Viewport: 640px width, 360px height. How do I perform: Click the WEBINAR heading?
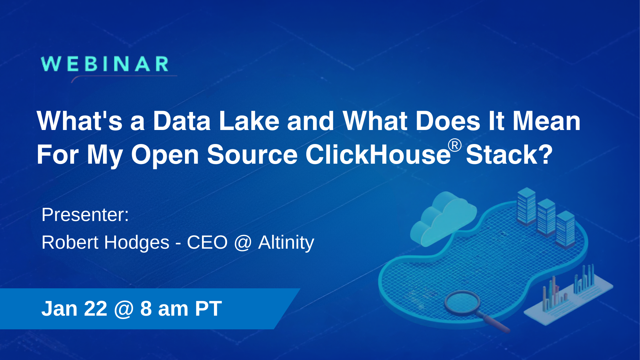point(105,64)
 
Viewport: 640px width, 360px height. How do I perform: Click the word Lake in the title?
point(249,121)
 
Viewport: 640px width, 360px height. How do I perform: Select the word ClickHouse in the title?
point(378,155)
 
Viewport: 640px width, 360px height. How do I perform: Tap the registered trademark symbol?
point(455,146)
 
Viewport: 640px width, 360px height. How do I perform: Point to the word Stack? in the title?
point(509,155)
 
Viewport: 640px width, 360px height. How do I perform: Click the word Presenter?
point(85,215)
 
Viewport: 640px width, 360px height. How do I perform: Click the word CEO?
point(207,242)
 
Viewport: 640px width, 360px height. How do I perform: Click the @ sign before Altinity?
point(243,243)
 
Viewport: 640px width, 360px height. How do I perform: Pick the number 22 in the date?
point(96,309)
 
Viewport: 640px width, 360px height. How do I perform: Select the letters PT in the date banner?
point(208,309)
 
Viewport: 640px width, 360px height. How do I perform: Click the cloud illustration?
point(443,218)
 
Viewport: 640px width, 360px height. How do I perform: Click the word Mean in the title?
point(546,121)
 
